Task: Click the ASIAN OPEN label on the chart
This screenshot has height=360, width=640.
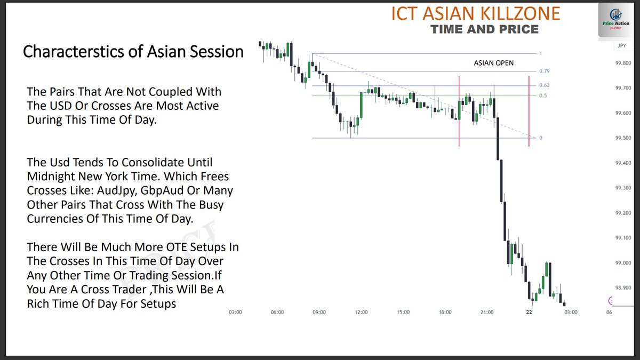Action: pos(494,63)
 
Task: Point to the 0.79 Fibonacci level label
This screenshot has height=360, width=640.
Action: pos(544,71)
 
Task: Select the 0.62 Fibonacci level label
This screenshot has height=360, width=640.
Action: pos(544,85)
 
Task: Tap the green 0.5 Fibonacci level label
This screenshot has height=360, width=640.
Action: pos(543,95)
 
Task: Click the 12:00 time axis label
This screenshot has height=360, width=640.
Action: pos(361,313)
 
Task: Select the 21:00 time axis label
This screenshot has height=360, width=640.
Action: pos(487,313)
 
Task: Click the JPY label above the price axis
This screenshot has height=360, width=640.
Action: pos(621,46)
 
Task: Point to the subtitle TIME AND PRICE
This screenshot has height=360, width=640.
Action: pos(485,29)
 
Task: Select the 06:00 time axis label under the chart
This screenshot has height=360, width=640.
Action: pos(277,313)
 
